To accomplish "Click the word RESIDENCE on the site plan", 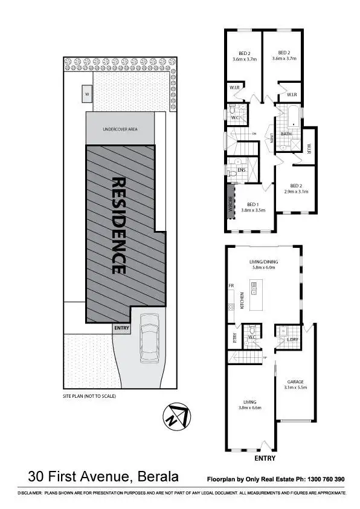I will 119,225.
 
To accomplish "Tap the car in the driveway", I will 149,341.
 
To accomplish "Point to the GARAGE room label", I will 295,381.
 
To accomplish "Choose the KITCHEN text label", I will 242,300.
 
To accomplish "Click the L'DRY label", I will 292,340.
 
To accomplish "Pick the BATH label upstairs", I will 286,134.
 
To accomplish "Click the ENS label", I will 241,170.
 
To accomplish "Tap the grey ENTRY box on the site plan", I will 121,328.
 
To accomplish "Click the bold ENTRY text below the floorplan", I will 265,458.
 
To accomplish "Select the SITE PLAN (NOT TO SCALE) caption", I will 89,396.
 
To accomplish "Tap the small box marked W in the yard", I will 87,94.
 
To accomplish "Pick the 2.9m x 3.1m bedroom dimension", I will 296,192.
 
